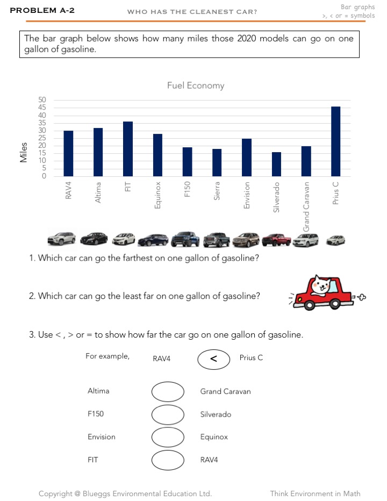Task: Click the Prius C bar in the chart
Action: tap(335, 141)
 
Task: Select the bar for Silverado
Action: tap(276, 164)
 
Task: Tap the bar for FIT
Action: tap(128, 149)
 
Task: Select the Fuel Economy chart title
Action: tap(196, 85)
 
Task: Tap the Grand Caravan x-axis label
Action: tap(306, 206)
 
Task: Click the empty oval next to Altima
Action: tap(168, 392)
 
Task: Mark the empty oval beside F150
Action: tap(168, 414)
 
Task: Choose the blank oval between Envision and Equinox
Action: tap(168, 437)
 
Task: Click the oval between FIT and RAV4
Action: tap(168, 460)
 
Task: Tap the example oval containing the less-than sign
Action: tap(213, 359)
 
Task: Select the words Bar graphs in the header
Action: tap(358, 7)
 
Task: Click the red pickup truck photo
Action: tap(276, 238)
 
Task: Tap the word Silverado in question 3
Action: tap(216, 414)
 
